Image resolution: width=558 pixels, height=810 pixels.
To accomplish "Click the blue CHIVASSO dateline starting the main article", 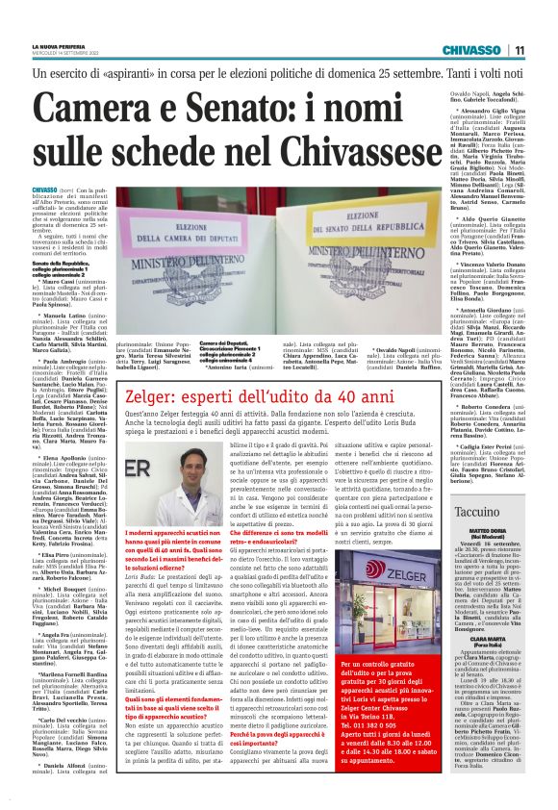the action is pyautogui.click(x=44, y=191).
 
